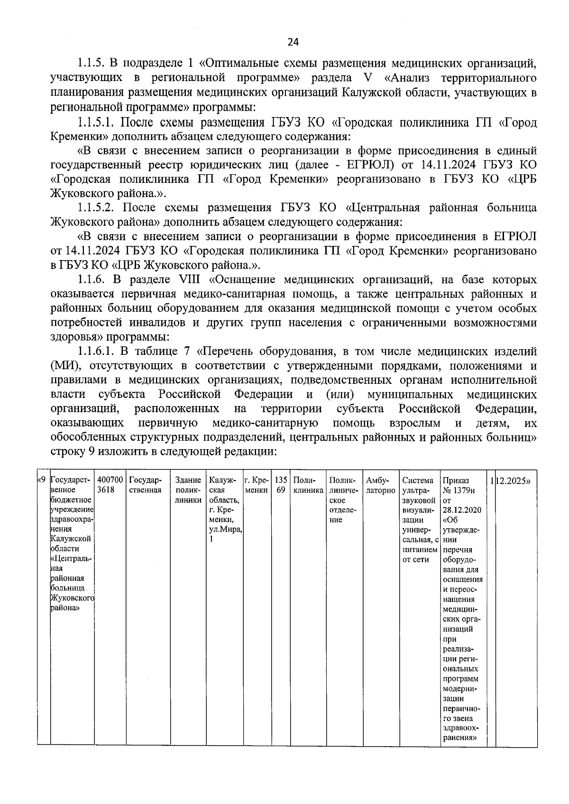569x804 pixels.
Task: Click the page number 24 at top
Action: (293, 42)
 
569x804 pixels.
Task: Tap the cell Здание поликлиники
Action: (188, 490)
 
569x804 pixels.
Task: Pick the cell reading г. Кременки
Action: (257, 485)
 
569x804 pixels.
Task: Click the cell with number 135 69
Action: (281, 485)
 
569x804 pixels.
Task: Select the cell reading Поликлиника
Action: (308, 485)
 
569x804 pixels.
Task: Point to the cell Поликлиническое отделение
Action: (343, 499)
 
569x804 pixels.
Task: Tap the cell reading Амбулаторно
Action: (380, 485)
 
